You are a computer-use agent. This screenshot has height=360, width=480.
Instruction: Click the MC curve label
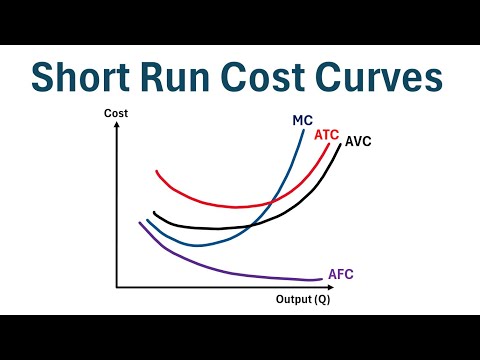coord(303,121)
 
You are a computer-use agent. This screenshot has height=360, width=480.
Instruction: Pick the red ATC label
coord(326,134)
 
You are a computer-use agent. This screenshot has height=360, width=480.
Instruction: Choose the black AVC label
coord(358,141)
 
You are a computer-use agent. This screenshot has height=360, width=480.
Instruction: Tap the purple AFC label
coord(340,274)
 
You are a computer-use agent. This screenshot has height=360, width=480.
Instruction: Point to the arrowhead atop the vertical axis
coord(117,129)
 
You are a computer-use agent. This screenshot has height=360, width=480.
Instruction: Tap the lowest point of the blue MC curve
coord(198,245)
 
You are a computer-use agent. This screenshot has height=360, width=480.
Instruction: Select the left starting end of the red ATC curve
coord(157,172)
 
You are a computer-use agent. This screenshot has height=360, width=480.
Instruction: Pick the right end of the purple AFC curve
coord(322,279)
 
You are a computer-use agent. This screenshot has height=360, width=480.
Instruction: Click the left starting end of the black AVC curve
coord(154,212)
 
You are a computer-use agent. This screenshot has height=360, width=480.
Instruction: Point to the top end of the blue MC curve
coord(304,132)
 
